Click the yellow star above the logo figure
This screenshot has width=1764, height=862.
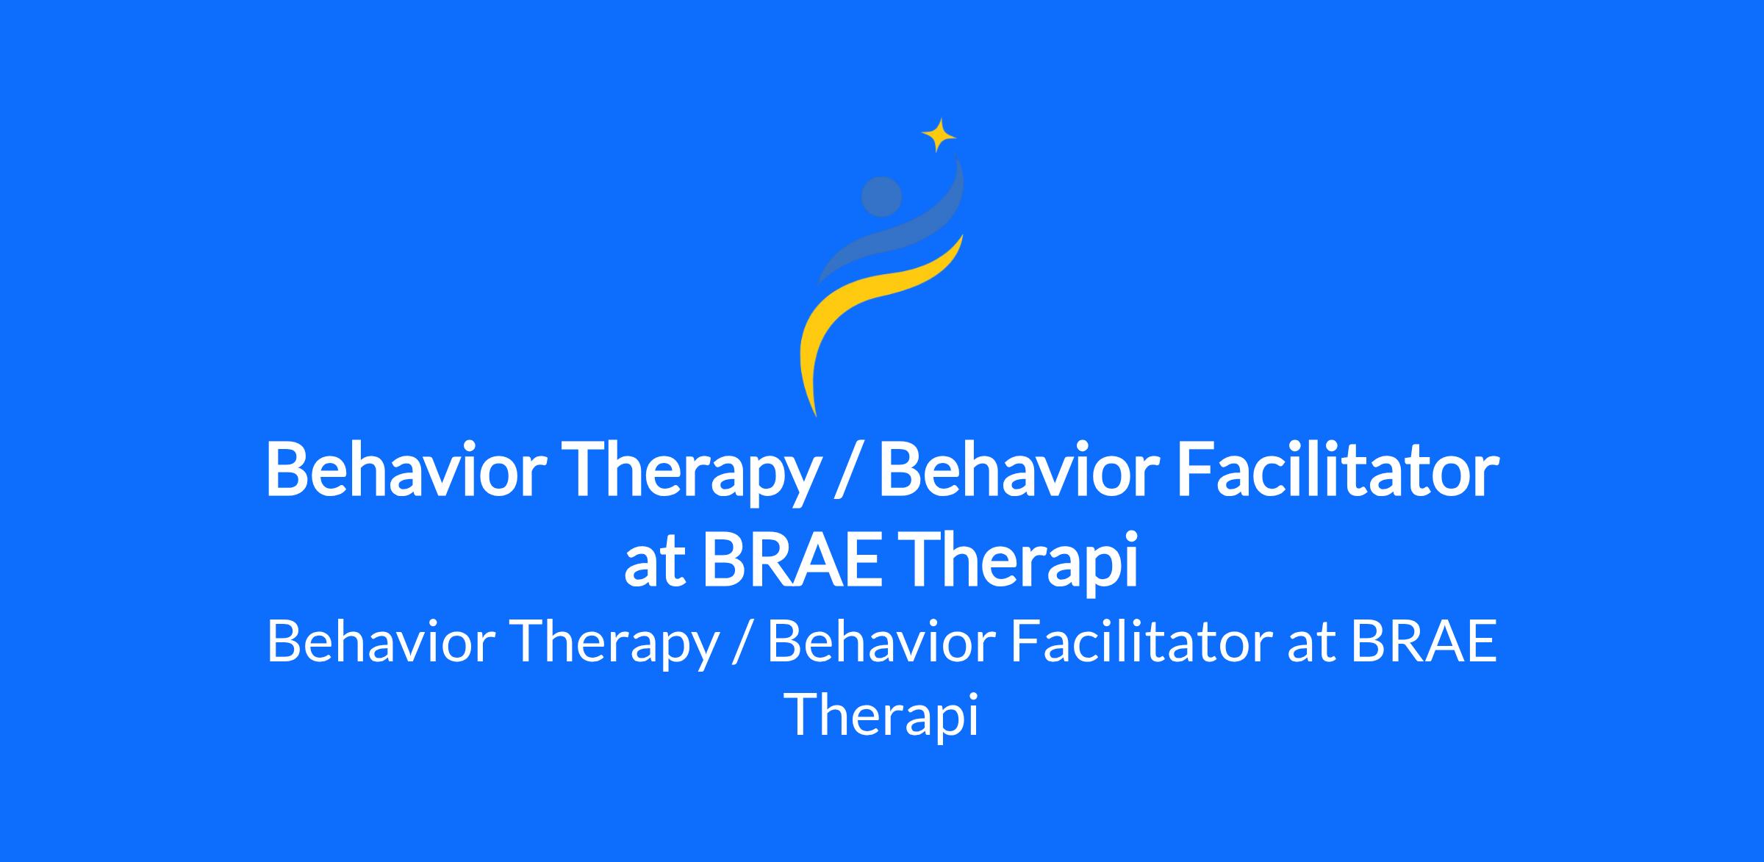point(939,135)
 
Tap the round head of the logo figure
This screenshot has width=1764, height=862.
point(881,197)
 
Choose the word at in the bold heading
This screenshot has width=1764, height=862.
point(653,566)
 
